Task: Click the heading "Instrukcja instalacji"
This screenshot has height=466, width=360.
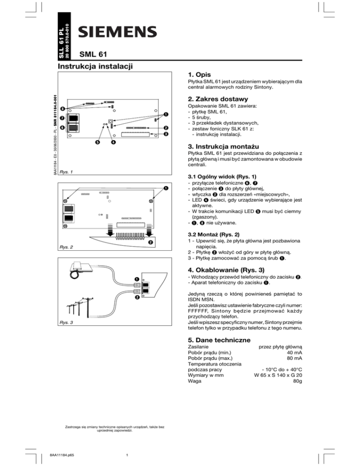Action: tap(94, 68)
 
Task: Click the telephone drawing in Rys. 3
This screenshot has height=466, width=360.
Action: tap(78, 268)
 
